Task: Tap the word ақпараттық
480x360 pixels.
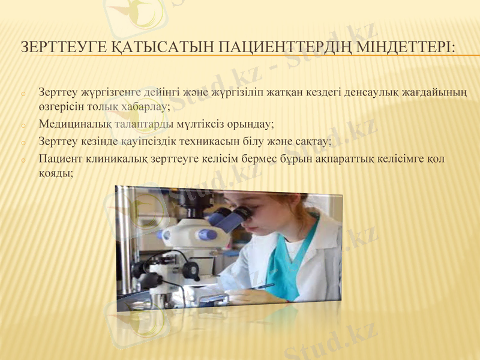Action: click(338, 160)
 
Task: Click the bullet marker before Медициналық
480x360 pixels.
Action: click(22, 126)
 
